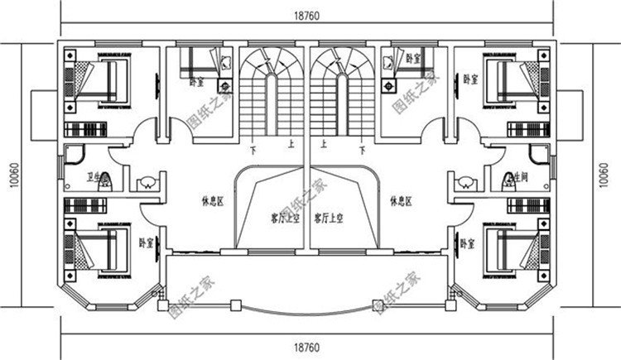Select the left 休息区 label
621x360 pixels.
[x=213, y=200]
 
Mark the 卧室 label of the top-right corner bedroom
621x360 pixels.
[x=470, y=80]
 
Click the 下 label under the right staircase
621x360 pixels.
[x=363, y=151]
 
